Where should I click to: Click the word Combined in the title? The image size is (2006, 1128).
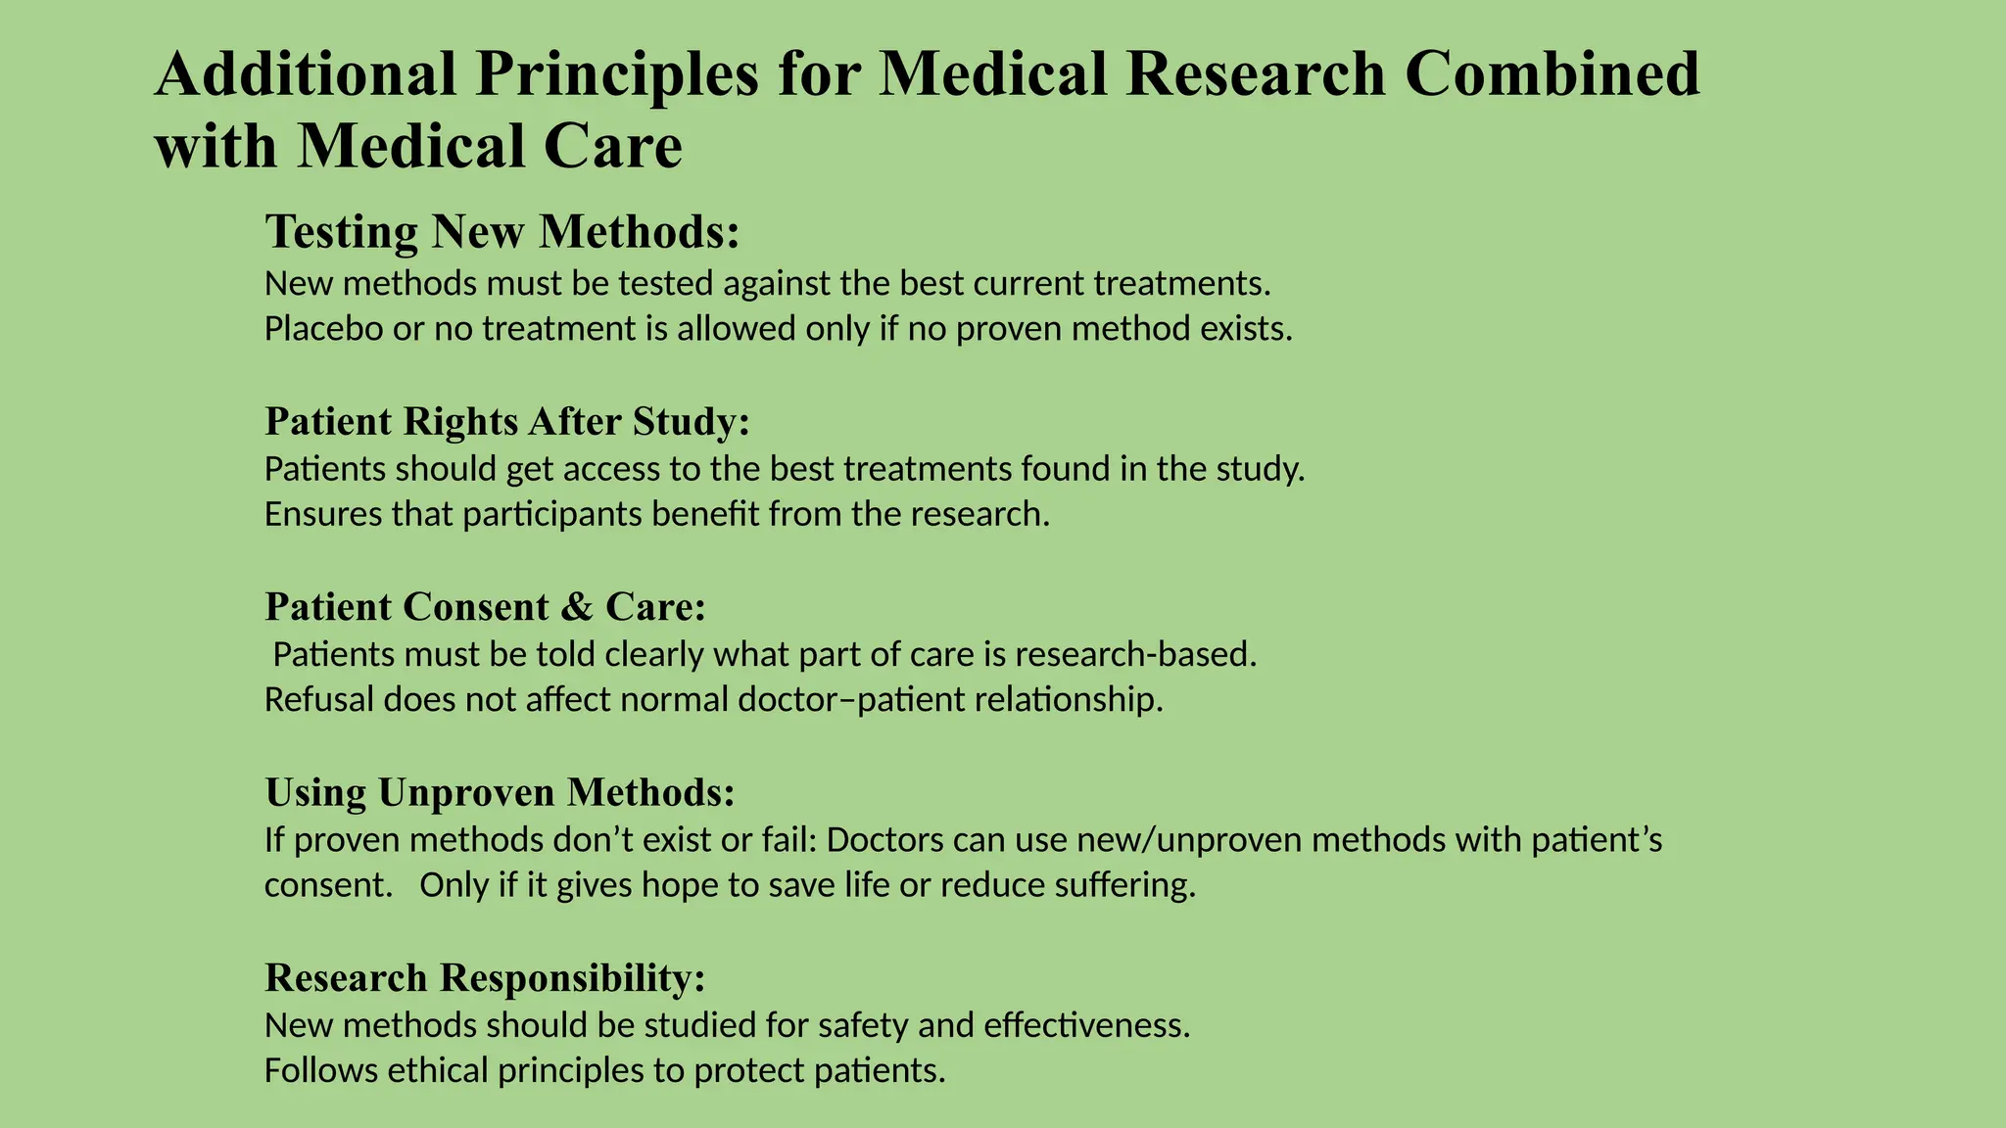(1552, 74)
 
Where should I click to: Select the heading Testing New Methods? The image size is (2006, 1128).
(501, 232)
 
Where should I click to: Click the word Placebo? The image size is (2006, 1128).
(322, 329)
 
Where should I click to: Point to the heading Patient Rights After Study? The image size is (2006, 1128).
(507, 421)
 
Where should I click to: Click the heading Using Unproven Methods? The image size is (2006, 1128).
(500, 792)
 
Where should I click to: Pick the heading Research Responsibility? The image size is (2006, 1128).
(485, 977)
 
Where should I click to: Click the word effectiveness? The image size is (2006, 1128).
(1086, 1026)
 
